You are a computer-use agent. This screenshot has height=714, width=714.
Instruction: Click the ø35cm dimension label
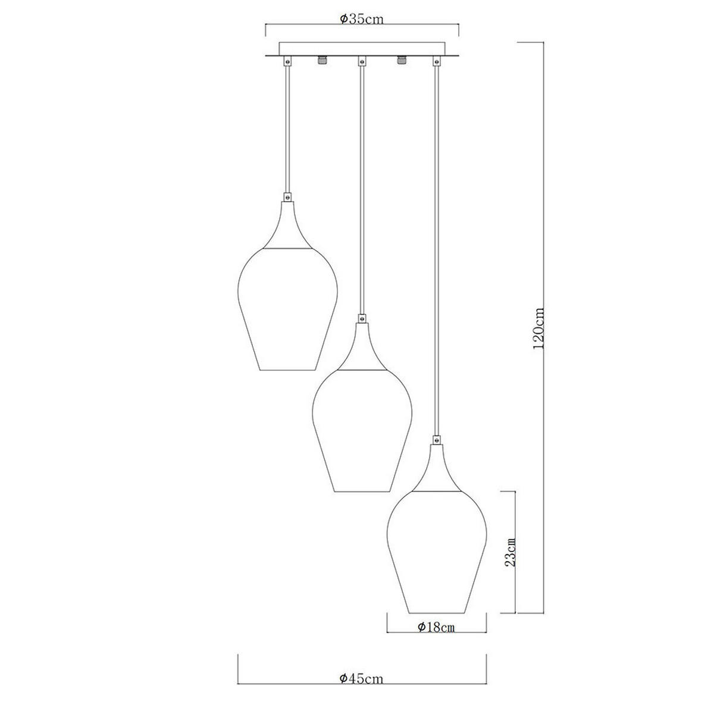361,18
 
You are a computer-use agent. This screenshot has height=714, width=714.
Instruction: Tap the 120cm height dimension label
539,328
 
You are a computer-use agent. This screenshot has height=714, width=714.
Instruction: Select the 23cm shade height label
509,552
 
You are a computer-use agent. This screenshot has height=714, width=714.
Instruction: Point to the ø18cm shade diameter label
436,627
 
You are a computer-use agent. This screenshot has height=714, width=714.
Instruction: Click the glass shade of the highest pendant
288,309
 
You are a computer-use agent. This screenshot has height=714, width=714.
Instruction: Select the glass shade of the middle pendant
362,431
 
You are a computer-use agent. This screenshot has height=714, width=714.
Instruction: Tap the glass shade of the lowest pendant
437,553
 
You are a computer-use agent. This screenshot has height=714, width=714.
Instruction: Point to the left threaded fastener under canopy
322,61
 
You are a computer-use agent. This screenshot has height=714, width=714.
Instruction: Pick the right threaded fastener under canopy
401,61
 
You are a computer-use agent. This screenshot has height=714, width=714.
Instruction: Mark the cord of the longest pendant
437,250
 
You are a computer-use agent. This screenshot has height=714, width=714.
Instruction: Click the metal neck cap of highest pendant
288,226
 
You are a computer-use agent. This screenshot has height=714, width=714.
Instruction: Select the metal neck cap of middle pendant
362,348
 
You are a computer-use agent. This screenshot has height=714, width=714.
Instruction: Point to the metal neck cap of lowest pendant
437,470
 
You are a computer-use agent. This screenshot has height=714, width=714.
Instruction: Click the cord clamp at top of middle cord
361,61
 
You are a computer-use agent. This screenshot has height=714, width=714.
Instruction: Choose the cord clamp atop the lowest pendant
437,441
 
